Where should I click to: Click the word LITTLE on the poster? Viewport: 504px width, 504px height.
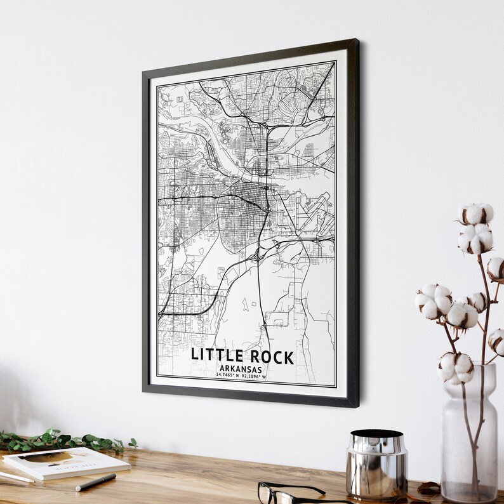[x=215, y=357]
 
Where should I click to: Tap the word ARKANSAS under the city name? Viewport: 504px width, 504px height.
[x=241, y=369]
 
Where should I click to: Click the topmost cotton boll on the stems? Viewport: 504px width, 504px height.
[x=476, y=214]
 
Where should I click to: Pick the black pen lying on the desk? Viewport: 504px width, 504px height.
[x=96, y=482]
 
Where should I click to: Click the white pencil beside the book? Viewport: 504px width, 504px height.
[x=16, y=477]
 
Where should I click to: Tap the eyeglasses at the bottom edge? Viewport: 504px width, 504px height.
[x=292, y=493]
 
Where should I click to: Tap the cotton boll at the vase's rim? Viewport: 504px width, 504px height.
[x=456, y=367]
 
